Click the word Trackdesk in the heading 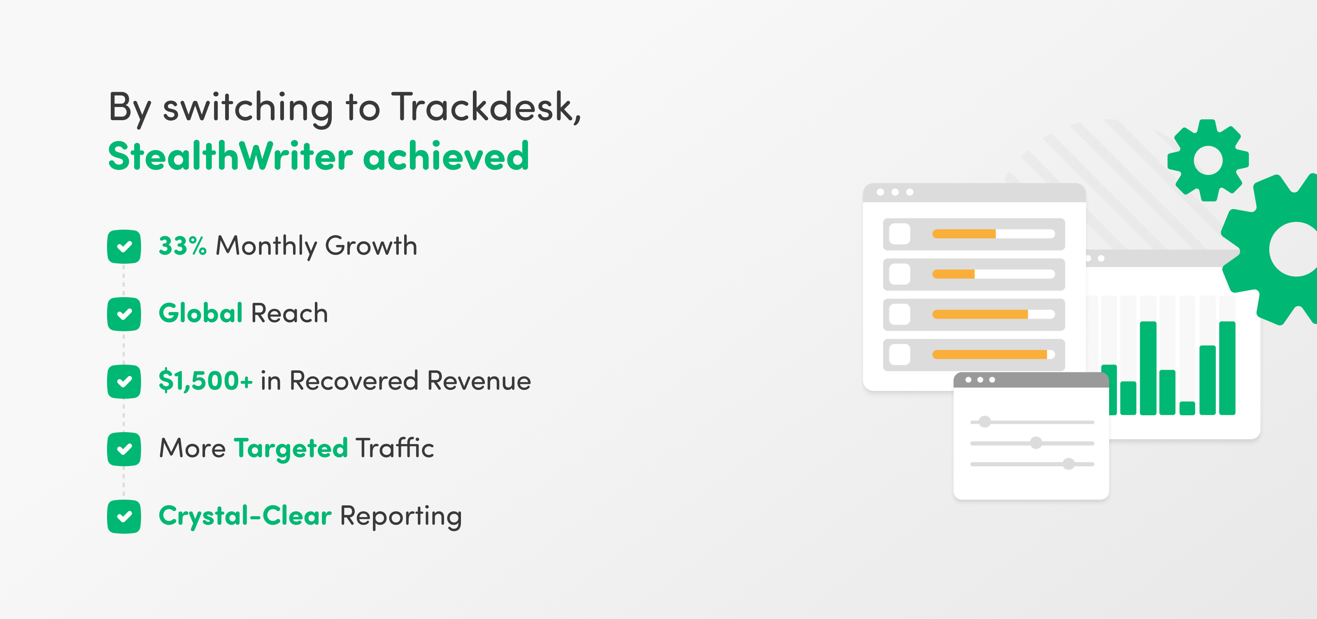pyautogui.click(x=486, y=107)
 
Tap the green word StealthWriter pyautogui.click(x=230, y=156)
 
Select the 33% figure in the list pyautogui.click(x=182, y=245)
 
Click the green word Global pyautogui.click(x=200, y=313)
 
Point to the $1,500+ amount pyautogui.click(x=205, y=381)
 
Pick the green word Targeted pyautogui.click(x=291, y=449)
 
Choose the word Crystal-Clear pyautogui.click(x=245, y=516)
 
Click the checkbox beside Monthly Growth pyautogui.click(x=124, y=247)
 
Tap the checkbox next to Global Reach pyautogui.click(x=124, y=314)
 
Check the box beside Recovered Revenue pyautogui.click(x=124, y=381)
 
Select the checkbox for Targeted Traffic pyautogui.click(x=124, y=449)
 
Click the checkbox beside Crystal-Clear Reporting pyautogui.click(x=124, y=516)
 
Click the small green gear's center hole pyautogui.click(x=1208, y=160)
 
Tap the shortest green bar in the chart pyautogui.click(x=1187, y=408)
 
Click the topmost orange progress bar pyautogui.click(x=964, y=234)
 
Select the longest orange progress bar pyautogui.click(x=990, y=355)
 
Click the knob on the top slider pyautogui.click(x=985, y=422)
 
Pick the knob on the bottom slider pyautogui.click(x=1068, y=463)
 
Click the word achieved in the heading pyautogui.click(x=446, y=156)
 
